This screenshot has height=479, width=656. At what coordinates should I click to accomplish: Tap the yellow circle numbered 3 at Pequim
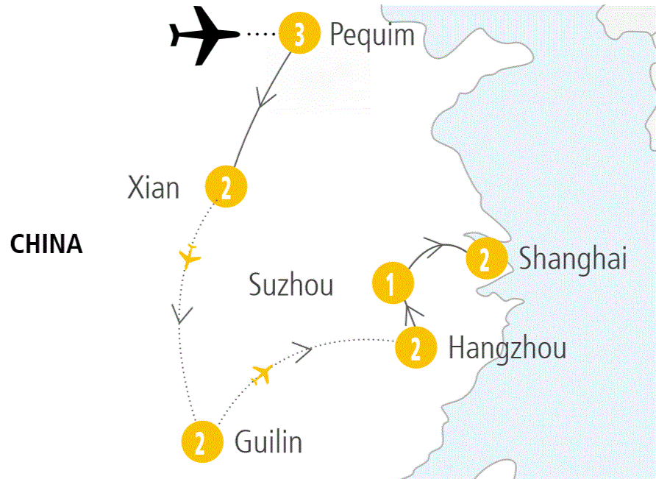coord(299,35)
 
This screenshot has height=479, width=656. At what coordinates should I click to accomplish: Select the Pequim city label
coord(372,35)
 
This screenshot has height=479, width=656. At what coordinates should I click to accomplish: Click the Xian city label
coord(154,188)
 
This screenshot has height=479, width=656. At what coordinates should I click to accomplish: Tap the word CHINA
coord(46,244)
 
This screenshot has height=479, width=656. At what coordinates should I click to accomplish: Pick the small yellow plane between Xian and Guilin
coord(190,256)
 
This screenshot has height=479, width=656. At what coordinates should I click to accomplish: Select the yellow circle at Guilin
coord(202,441)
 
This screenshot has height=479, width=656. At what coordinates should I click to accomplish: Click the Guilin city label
coord(268,442)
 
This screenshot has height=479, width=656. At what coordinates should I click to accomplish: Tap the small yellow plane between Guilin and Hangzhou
coord(262,374)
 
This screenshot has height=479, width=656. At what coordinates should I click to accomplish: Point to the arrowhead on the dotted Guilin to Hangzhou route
coord(303,348)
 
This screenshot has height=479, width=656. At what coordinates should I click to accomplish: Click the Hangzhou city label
coord(507,348)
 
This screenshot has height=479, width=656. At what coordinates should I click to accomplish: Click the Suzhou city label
coord(291,285)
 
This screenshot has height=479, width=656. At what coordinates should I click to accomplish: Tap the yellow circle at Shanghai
coord(485,258)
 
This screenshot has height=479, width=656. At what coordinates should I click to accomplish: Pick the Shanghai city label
coord(573,259)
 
